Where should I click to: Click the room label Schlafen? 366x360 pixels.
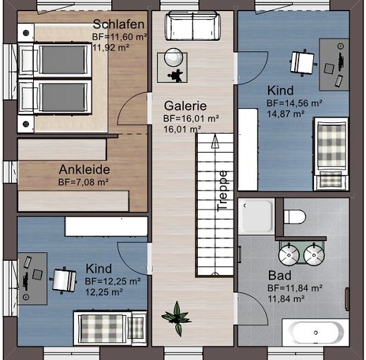(118, 25)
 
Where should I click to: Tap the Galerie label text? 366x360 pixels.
(185, 106)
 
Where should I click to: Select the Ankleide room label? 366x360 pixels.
(84, 169)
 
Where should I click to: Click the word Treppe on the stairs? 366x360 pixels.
(222, 191)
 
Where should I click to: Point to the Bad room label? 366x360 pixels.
(279, 276)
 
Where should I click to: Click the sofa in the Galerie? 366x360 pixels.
(193, 26)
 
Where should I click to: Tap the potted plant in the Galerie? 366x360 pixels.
(177, 319)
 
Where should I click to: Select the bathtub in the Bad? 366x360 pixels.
(315, 333)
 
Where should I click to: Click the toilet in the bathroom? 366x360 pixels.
(295, 217)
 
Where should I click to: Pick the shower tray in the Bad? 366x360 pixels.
(256, 217)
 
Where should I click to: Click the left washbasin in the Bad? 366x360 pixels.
(289, 255)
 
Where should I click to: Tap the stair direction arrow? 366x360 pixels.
(215, 141)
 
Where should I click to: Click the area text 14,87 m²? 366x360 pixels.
(286, 114)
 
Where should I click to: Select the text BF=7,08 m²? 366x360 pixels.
(83, 182)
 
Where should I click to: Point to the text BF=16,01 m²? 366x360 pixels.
(191, 119)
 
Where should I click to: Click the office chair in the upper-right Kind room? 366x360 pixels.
(303, 63)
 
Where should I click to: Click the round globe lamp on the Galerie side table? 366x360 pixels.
(174, 57)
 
